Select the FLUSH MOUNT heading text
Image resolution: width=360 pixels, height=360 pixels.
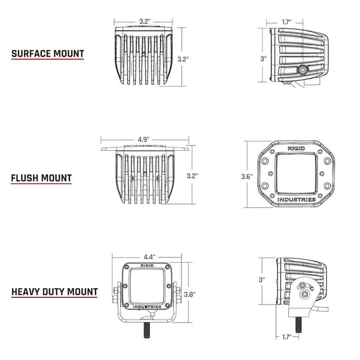pos(41,179)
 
